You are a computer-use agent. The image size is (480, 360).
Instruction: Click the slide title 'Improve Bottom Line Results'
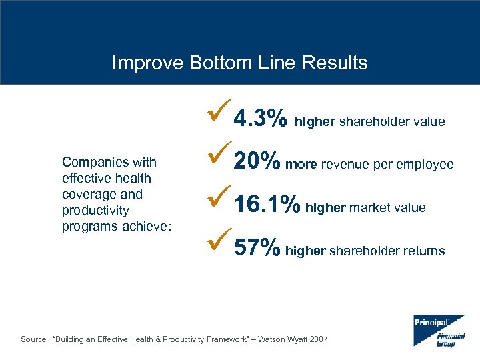[239, 63]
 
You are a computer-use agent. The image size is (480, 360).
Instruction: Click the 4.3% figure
[261, 119]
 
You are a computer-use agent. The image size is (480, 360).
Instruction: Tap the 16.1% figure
[267, 206]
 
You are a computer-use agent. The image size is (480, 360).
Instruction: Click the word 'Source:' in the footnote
[34, 339]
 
